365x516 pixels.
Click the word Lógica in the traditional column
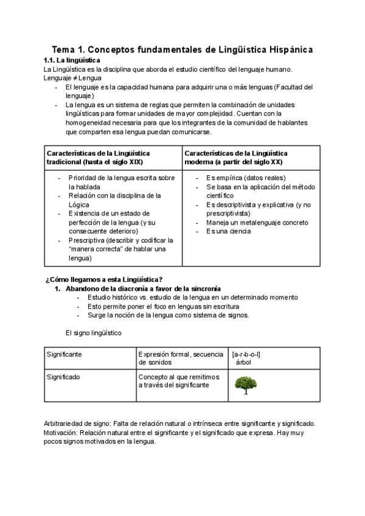coord(79,204)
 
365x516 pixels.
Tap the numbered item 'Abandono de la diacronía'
coord(143,288)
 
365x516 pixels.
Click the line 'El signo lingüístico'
coord(93,333)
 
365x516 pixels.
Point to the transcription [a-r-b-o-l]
coord(246,354)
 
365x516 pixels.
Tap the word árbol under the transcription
coord(243,363)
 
